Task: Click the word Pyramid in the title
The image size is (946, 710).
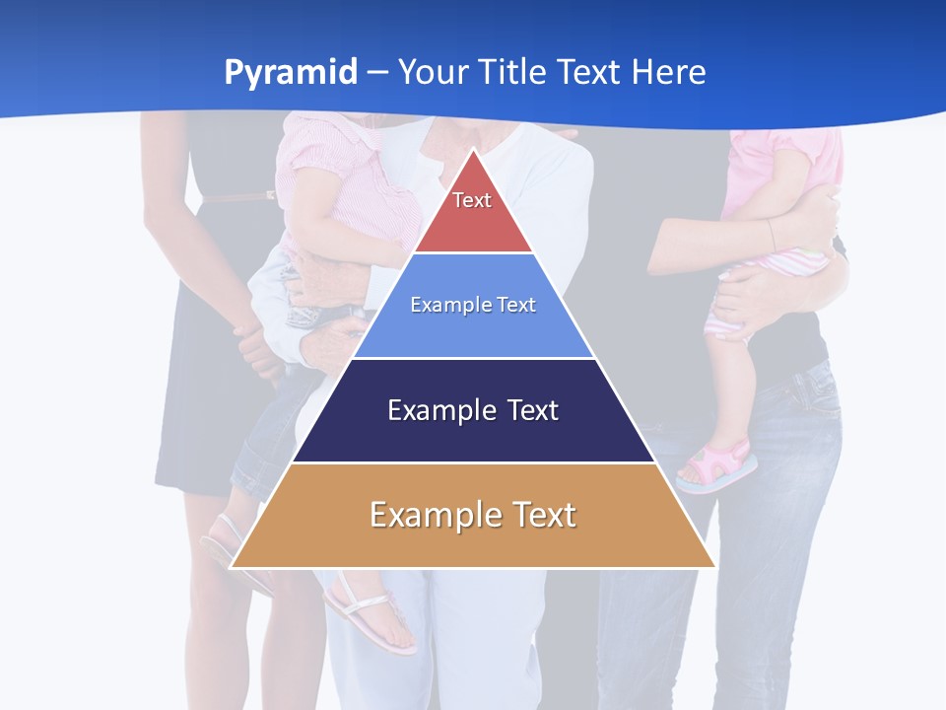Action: point(291,73)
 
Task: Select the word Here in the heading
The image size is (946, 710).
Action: point(670,73)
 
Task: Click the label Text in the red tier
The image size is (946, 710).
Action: point(472,200)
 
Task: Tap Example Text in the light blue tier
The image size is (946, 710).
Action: point(473,305)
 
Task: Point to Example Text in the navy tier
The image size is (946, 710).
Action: point(473,410)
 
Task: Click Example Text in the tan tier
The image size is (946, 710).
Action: point(473,515)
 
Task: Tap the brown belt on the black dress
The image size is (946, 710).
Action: point(236,197)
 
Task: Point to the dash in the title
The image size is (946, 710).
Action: point(377,73)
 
